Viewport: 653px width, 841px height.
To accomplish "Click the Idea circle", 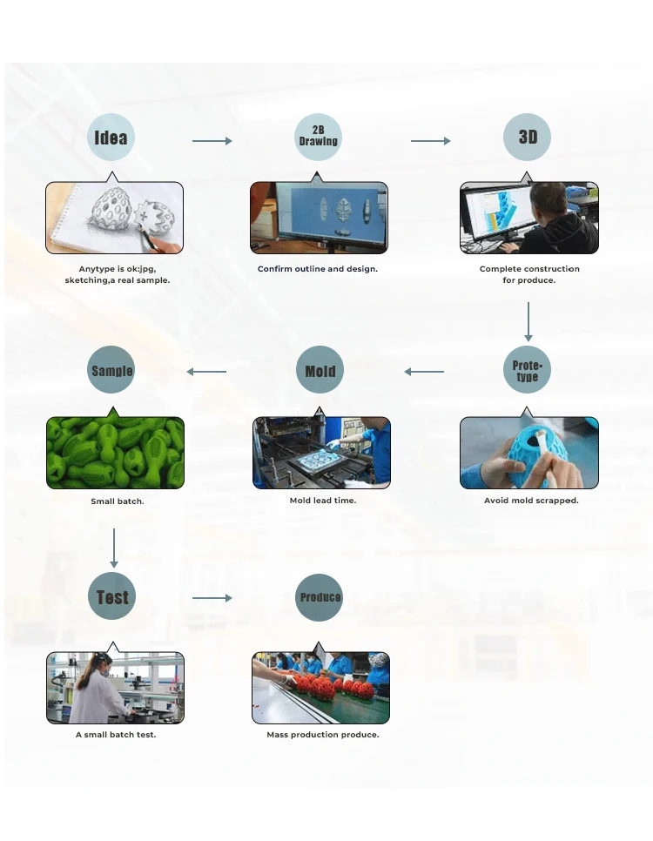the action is tap(111, 138).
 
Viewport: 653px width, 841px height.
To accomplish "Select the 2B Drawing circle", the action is tap(318, 138).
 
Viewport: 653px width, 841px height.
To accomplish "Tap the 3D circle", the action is tap(528, 138).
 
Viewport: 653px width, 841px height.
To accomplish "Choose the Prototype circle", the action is tap(527, 371).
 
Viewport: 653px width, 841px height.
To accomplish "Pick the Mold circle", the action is tap(320, 371).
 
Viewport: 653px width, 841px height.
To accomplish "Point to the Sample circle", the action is tap(111, 371).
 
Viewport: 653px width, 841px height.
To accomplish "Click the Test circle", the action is tap(111, 597).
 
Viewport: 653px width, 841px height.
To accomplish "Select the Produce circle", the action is tap(320, 597).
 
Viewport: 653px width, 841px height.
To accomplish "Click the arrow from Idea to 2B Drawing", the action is tap(212, 141).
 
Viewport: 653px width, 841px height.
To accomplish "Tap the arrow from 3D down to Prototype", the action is tap(528, 321).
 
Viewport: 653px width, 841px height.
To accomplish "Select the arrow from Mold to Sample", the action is tap(206, 372).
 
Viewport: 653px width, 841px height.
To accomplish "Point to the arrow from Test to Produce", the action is tap(212, 598).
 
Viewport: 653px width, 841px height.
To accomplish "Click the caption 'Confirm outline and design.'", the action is tap(318, 269).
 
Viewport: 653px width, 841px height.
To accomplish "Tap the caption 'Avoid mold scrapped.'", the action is tap(531, 501).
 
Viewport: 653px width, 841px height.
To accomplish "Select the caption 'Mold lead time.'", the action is tap(322, 501).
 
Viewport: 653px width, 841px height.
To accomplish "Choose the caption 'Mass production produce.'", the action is tap(322, 735).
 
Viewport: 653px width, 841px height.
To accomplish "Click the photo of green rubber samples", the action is tap(115, 453).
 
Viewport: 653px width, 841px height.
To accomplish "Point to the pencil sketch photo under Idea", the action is tap(114, 218).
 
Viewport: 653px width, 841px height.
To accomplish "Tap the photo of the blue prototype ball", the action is tap(528, 453).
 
